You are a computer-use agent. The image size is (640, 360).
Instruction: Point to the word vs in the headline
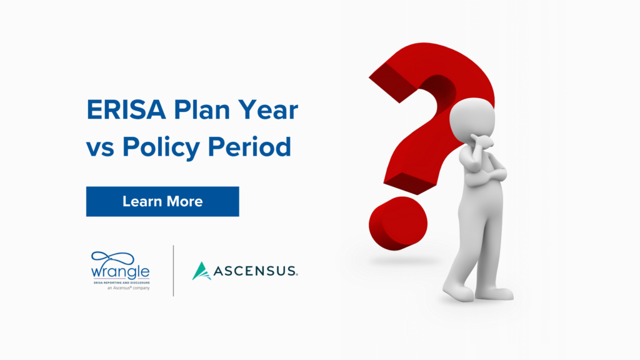100,147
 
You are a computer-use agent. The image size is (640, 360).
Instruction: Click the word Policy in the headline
161,147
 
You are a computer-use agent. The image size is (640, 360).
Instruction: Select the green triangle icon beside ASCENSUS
201,271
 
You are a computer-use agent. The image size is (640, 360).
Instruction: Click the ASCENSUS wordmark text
256,271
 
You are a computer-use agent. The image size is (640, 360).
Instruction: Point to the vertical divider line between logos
173,271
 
